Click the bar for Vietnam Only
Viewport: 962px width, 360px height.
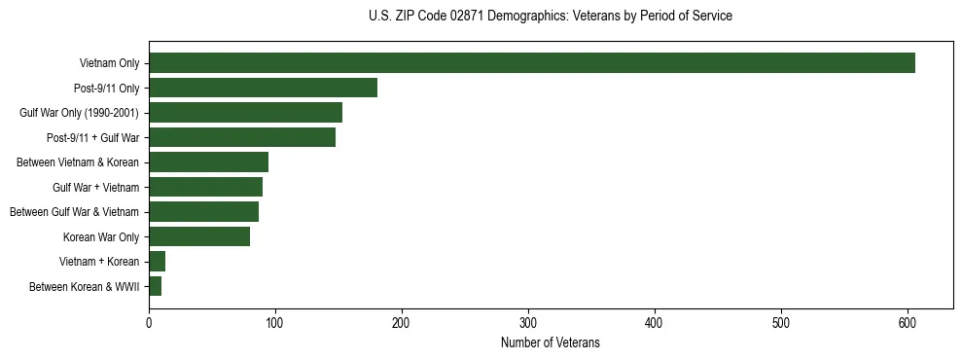pyautogui.click(x=532, y=63)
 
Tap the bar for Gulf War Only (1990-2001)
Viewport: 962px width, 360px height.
pyautogui.click(x=245, y=113)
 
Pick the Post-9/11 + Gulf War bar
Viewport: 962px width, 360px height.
pyautogui.click(x=242, y=137)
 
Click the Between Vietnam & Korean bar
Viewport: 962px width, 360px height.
pyautogui.click(x=208, y=162)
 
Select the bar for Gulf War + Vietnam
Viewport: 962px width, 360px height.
pyautogui.click(x=205, y=187)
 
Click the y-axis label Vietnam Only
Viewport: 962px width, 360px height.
pyautogui.click(x=109, y=64)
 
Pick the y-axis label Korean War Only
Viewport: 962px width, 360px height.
pyautogui.click(x=101, y=236)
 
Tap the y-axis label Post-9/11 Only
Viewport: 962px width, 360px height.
pyautogui.click(x=107, y=89)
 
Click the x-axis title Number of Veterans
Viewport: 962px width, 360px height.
pyautogui.click(x=550, y=343)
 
